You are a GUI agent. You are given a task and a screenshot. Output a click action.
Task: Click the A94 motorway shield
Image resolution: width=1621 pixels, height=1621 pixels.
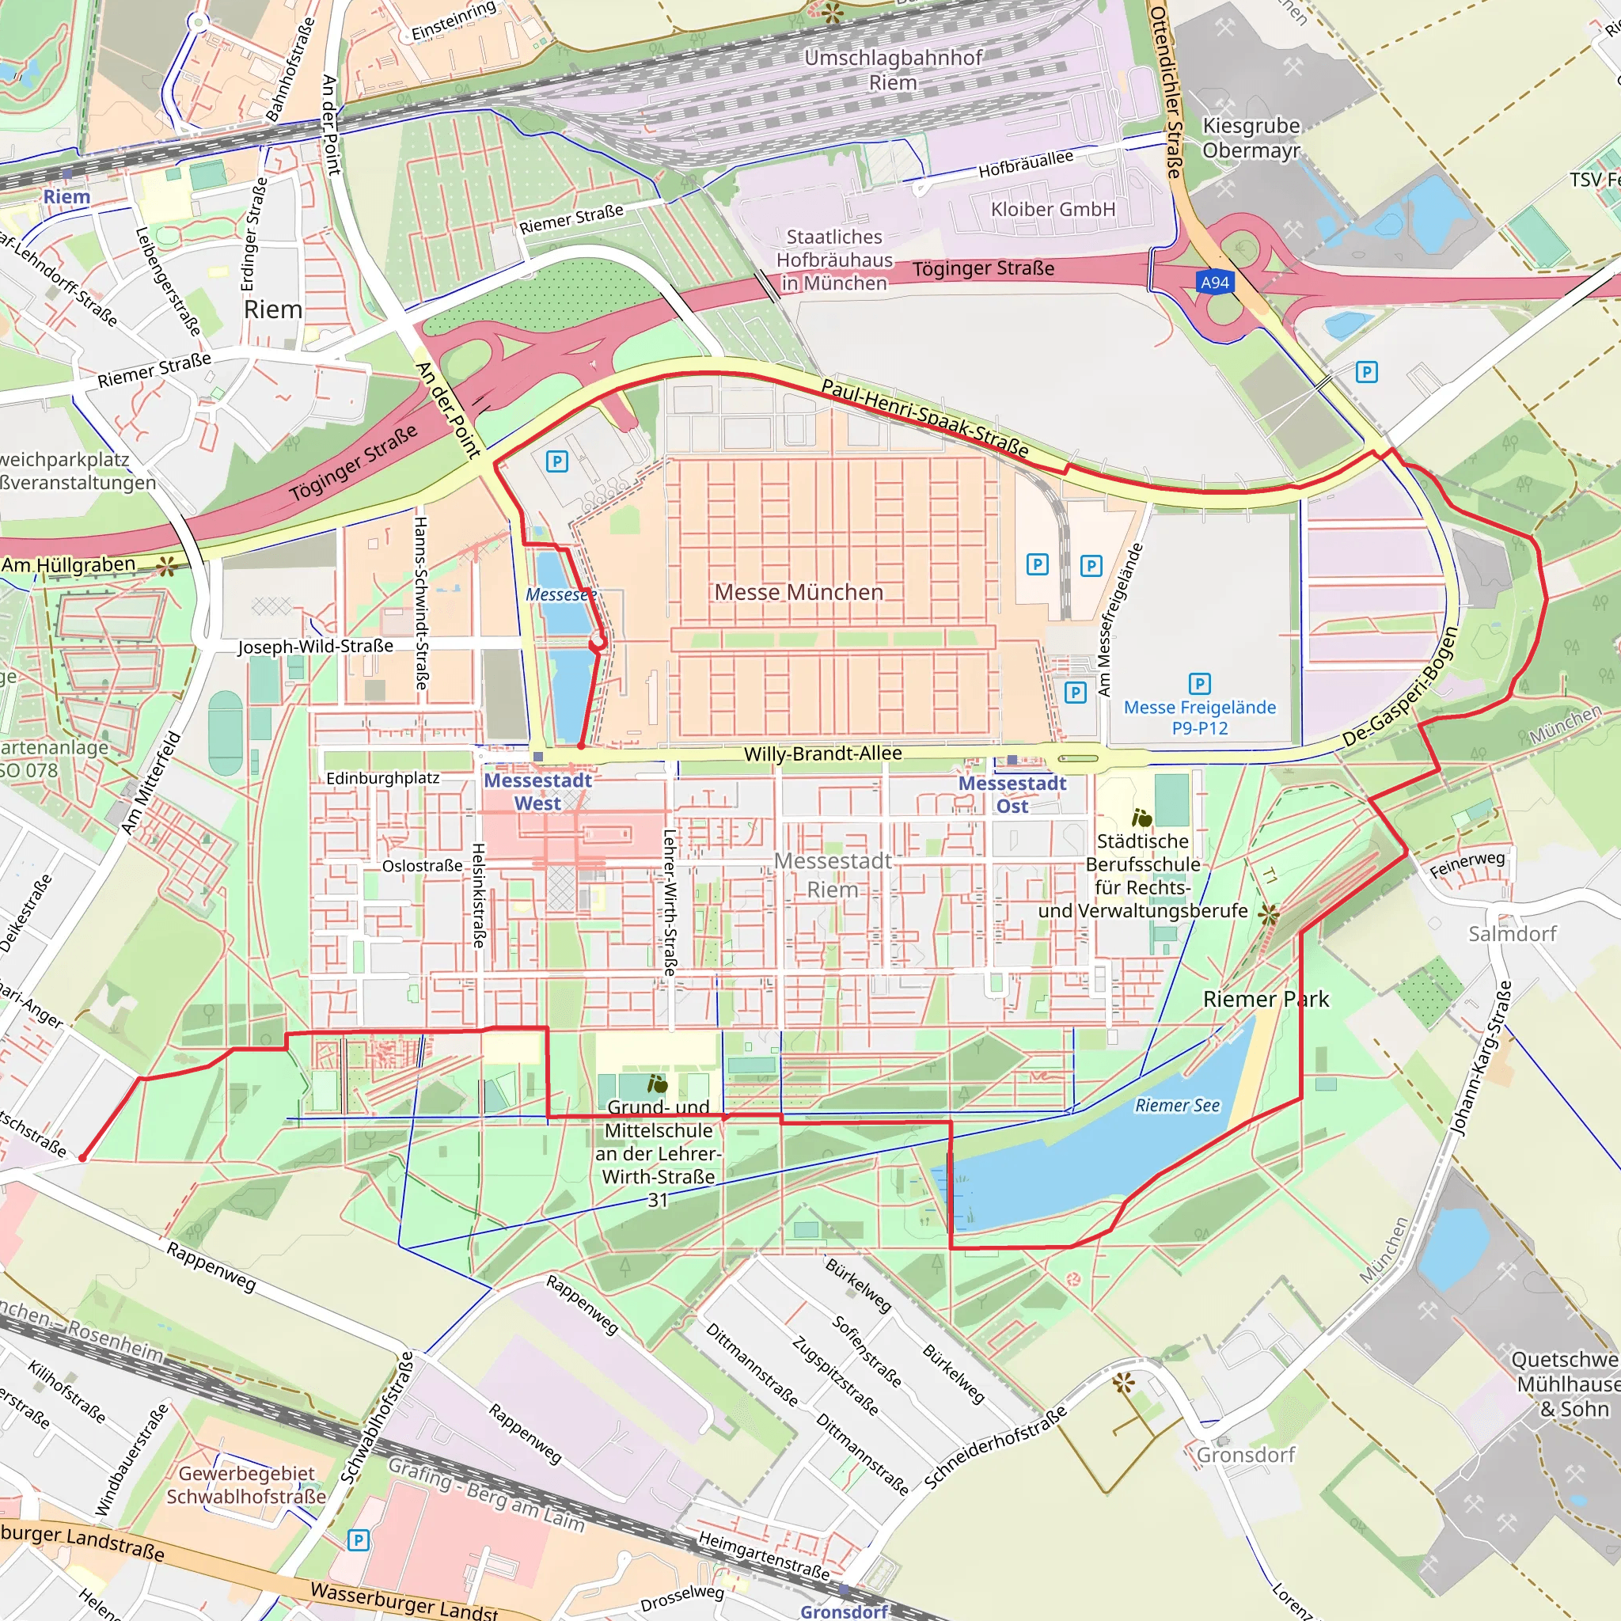click(1214, 282)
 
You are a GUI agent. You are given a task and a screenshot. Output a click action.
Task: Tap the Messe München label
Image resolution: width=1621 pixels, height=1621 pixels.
click(799, 592)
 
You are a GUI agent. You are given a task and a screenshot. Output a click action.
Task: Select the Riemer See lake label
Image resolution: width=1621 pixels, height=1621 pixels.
click(1177, 1105)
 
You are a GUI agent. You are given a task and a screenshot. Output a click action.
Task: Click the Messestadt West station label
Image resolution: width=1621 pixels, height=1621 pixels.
click(537, 792)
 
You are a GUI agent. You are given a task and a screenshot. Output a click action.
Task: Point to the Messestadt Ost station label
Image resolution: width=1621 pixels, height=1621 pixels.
click(1012, 794)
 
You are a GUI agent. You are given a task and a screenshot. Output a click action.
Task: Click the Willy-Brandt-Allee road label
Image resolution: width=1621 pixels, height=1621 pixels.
click(823, 754)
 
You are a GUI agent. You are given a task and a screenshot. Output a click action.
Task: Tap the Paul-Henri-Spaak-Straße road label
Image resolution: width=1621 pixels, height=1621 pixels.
click(924, 418)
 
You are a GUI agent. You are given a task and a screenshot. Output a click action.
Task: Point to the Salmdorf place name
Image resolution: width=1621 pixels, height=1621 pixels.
click(1512, 933)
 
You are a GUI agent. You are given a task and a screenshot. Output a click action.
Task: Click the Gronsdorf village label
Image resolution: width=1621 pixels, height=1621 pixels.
click(1246, 1454)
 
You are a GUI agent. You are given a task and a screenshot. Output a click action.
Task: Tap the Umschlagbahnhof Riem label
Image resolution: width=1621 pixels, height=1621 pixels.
click(893, 70)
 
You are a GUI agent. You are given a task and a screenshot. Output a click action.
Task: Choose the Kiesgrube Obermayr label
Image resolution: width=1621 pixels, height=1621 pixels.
click(1251, 138)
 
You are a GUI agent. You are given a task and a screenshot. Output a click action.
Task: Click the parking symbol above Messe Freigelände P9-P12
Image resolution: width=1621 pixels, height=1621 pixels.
click(1200, 684)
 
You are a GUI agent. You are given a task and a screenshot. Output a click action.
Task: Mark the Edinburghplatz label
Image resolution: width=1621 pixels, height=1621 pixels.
click(382, 778)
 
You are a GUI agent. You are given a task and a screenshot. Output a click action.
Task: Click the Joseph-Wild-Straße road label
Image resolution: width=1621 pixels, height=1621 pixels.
click(316, 646)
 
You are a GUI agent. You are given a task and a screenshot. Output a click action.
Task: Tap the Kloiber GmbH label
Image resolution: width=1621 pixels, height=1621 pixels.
click(1053, 209)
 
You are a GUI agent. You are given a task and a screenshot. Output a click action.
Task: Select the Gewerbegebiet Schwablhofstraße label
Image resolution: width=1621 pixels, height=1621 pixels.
click(246, 1484)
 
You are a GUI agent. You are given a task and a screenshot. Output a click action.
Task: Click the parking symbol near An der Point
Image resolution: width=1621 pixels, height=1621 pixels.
click(556, 461)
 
